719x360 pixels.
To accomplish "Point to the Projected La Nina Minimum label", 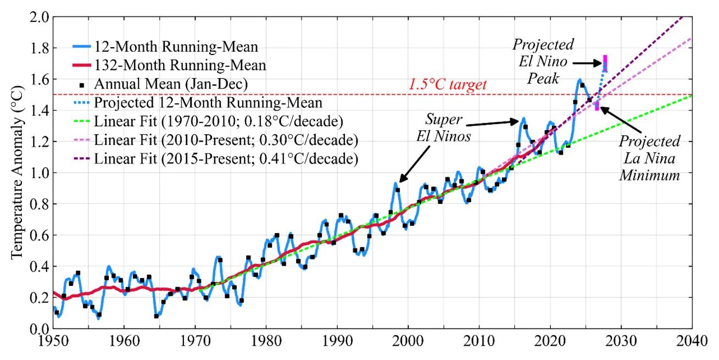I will (x=649, y=158).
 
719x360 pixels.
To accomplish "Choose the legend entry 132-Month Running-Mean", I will (x=180, y=65).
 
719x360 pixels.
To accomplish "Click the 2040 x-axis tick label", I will (x=692, y=341).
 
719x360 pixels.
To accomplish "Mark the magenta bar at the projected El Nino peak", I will (x=605, y=63).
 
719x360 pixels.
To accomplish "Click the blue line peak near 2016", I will (x=523, y=118).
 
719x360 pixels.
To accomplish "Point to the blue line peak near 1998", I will (x=395, y=184).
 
